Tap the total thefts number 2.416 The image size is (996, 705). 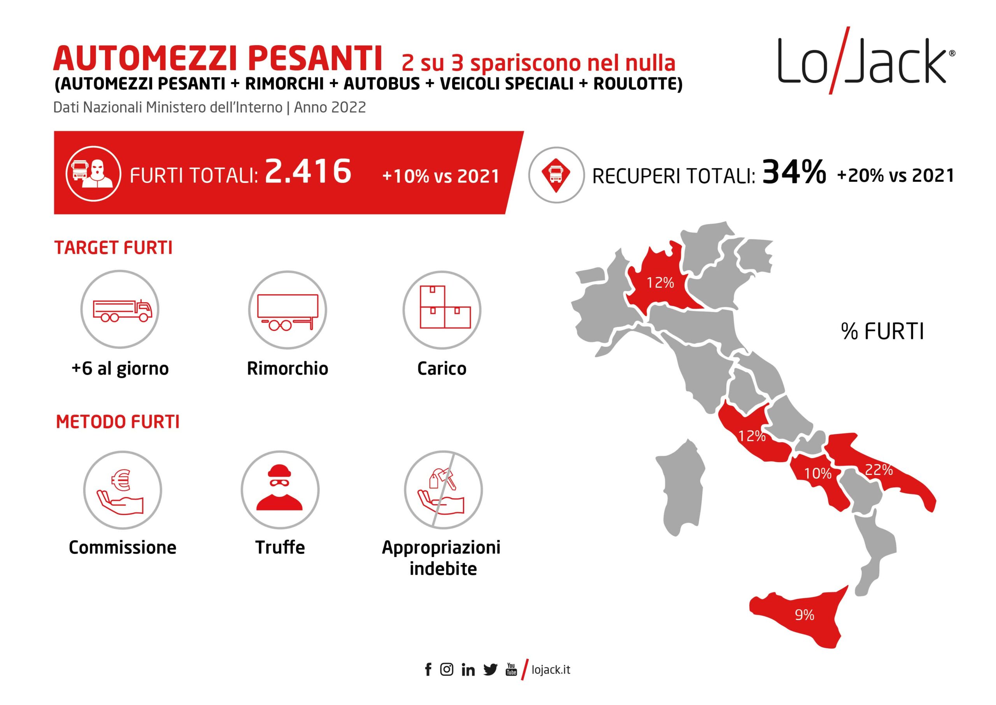tap(308, 171)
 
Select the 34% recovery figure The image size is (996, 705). tap(794, 172)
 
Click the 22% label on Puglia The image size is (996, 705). tap(879, 470)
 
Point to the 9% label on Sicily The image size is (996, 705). tap(804, 615)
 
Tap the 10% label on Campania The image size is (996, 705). tap(818, 473)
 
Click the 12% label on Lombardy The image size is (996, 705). tap(660, 283)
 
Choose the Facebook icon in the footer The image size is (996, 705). tap(428, 670)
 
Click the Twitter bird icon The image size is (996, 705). tap(490, 670)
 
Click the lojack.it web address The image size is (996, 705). tap(551, 670)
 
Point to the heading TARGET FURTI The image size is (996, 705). tap(113, 248)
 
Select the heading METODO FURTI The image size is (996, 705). tap(117, 422)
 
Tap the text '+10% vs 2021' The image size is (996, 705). tap(440, 176)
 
